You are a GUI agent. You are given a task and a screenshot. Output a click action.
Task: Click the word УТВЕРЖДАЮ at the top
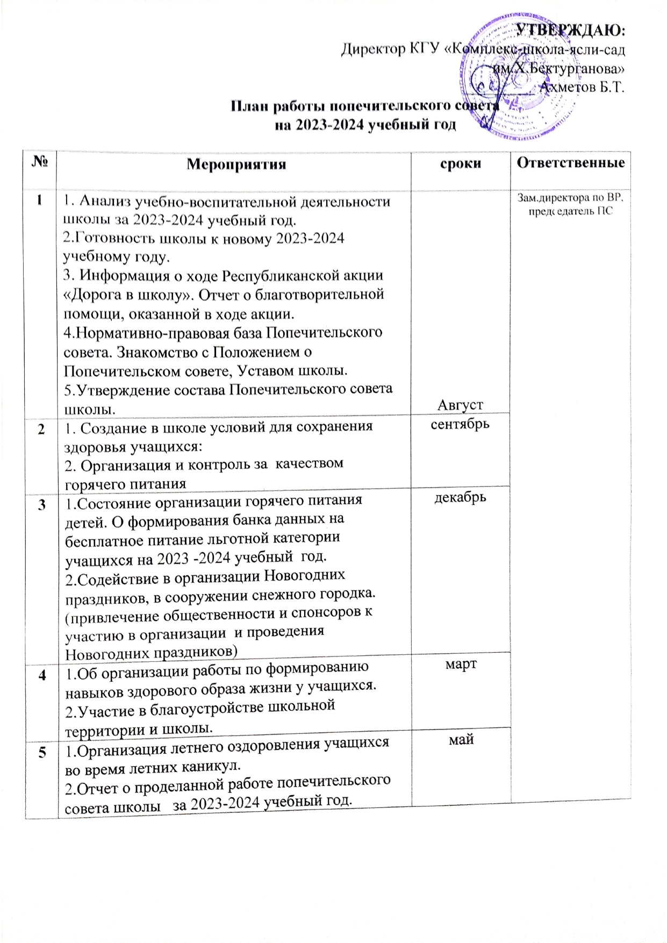(571, 30)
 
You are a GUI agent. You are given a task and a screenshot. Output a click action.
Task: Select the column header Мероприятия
(236, 164)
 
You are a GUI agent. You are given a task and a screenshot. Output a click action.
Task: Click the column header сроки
(460, 163)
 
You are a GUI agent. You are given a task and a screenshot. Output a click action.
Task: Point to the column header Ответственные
(571, 163)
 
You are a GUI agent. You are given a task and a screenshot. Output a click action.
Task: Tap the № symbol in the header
(40, 162)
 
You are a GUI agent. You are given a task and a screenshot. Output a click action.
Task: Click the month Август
(460, 404)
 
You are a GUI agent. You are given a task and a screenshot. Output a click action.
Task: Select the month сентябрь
(461, 424)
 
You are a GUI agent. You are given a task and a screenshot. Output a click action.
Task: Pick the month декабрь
(460, 497)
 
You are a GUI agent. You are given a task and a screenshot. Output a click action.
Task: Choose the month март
(461, 664)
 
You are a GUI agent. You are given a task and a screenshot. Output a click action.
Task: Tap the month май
(461, 740)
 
